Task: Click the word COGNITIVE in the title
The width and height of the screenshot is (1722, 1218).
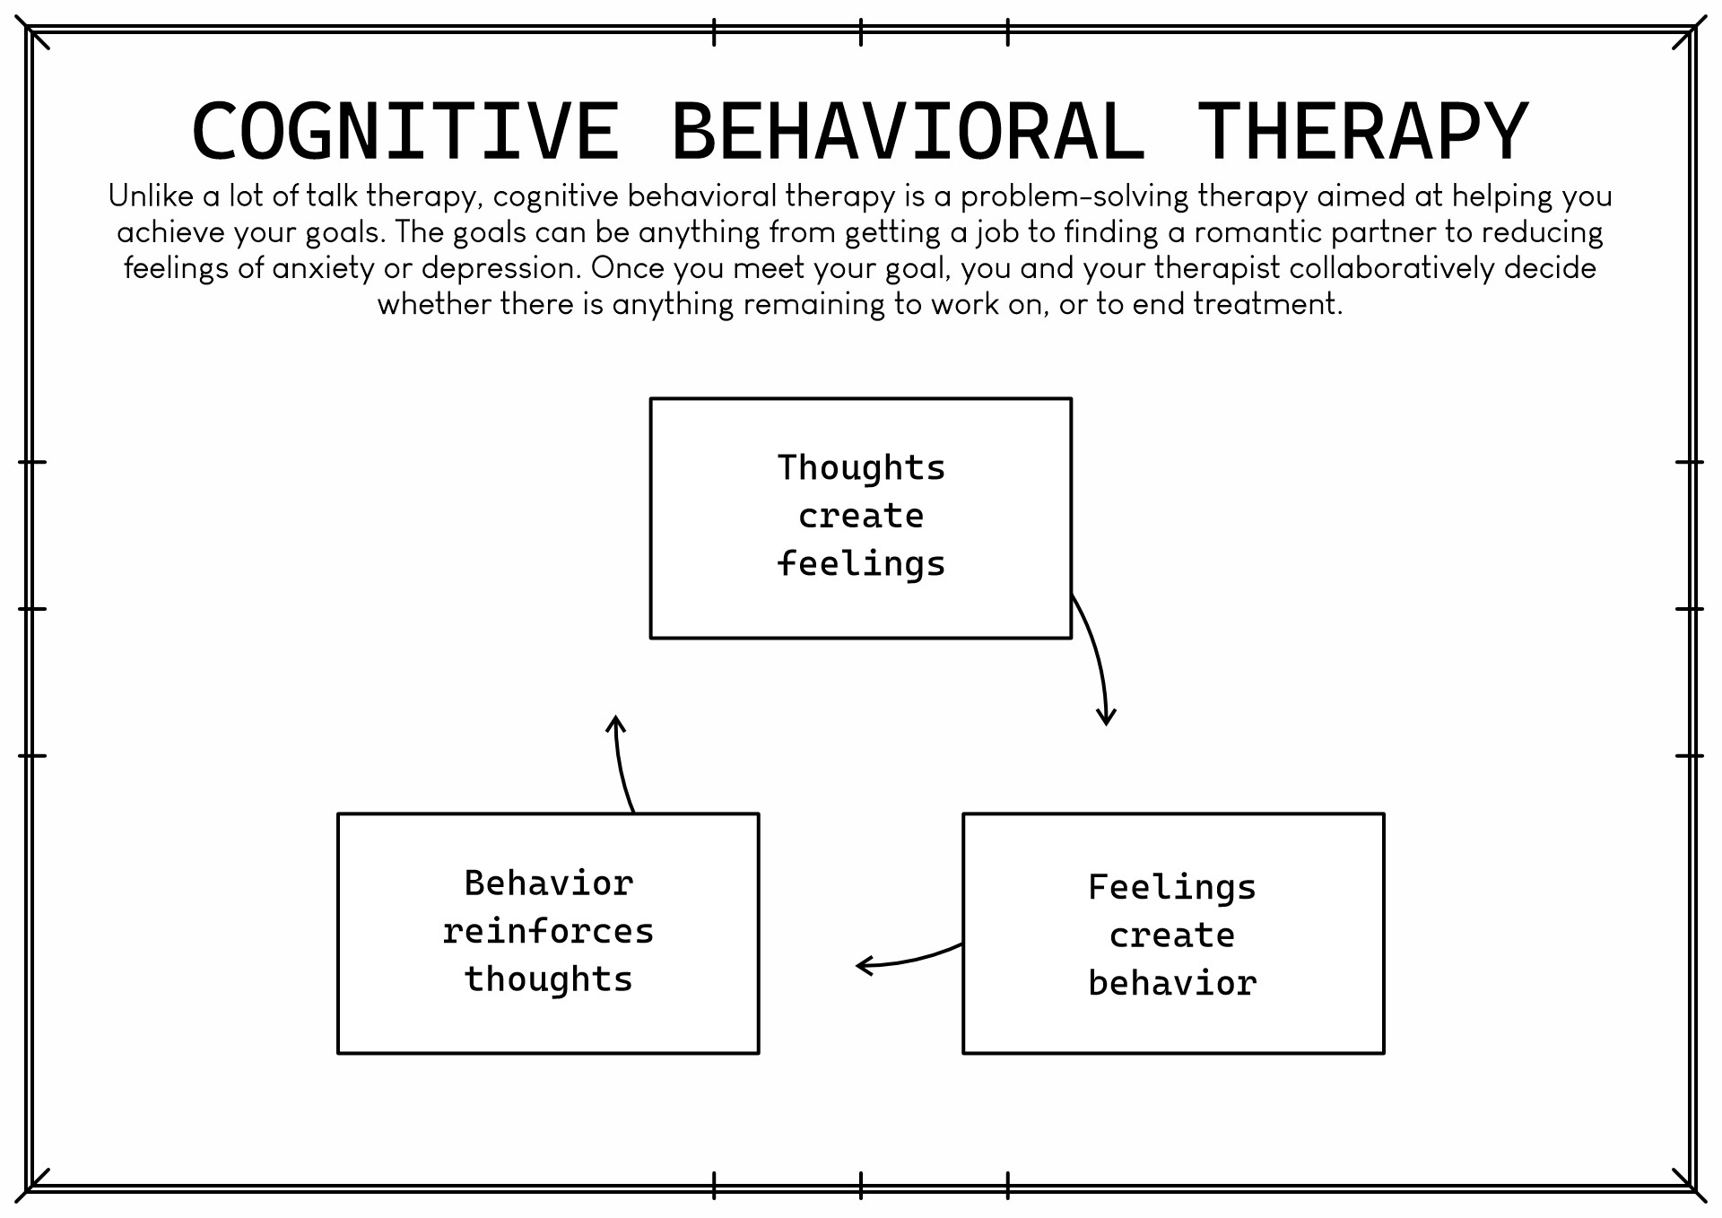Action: tap(405, 132)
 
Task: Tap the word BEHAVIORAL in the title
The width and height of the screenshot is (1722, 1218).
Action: tap(908, 132)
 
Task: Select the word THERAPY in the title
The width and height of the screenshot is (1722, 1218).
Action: tap(1362, 132)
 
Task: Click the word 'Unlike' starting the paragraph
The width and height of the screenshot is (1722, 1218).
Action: tap(151, 196)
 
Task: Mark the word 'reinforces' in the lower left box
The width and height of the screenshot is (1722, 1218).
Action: tap(548, 931)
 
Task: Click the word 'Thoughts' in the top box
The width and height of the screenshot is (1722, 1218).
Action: tap(861, 468)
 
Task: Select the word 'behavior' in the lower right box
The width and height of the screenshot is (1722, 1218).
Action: tap(1173, 983)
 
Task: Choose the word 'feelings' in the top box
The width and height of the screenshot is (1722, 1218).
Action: tap(861, 564)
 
